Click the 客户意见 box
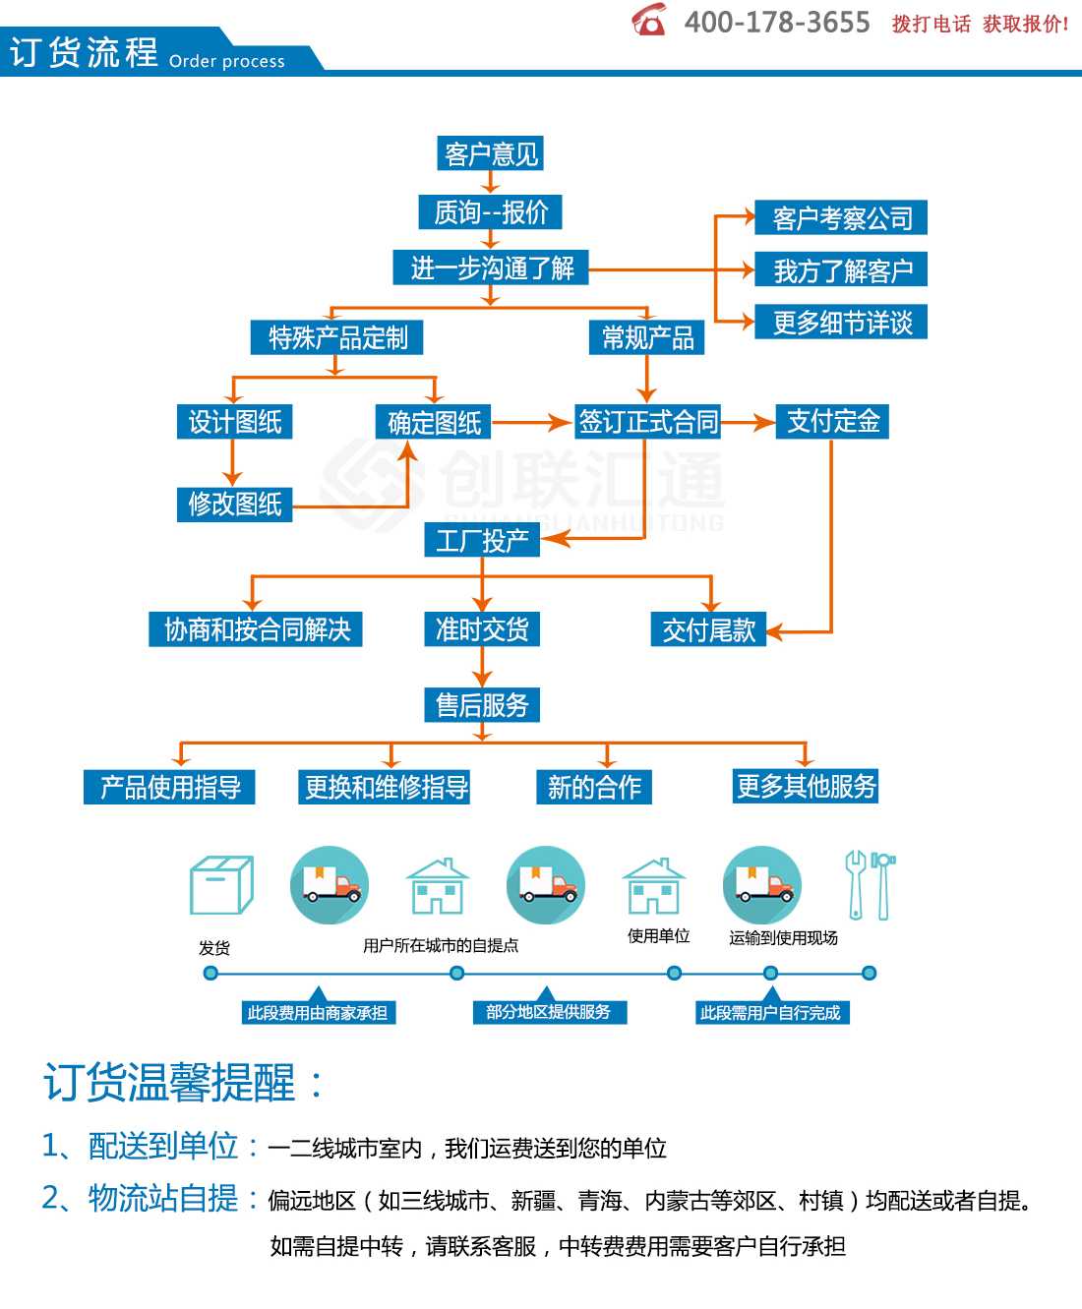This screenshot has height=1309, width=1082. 490,153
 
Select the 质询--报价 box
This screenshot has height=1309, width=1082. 490,211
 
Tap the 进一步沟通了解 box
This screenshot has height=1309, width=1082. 491,268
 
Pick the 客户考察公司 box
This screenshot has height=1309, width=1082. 840,217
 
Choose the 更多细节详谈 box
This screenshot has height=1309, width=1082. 840,323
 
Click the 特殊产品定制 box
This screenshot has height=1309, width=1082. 336,338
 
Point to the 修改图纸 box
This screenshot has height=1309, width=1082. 234,505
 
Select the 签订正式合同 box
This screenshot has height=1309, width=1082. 648,421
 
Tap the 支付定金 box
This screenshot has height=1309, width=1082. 832,421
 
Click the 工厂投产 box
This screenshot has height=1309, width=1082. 482,540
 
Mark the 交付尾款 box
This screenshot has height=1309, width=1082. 709,629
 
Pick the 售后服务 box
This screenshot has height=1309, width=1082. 482,705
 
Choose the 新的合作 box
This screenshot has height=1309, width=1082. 594,787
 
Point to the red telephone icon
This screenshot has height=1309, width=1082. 648,20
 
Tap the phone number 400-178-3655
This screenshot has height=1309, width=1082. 776,23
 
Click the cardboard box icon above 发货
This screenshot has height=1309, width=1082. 221,885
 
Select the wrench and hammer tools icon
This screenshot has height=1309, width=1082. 871,884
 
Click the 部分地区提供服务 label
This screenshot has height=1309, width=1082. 550,1012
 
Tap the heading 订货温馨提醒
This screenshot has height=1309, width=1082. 169,1082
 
